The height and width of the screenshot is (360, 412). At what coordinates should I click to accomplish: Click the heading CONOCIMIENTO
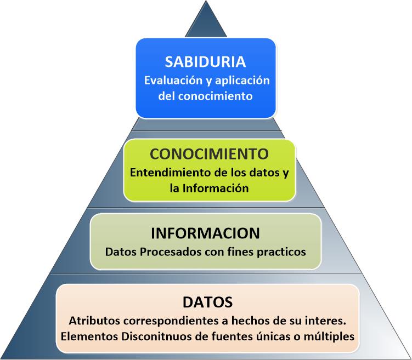tap(209, 153)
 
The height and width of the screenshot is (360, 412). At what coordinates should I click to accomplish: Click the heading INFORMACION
tap(205, 233)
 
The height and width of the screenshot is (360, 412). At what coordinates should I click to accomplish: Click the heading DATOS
tap(207, 301)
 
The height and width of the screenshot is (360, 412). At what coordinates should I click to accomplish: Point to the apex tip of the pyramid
tap(206, 2)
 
